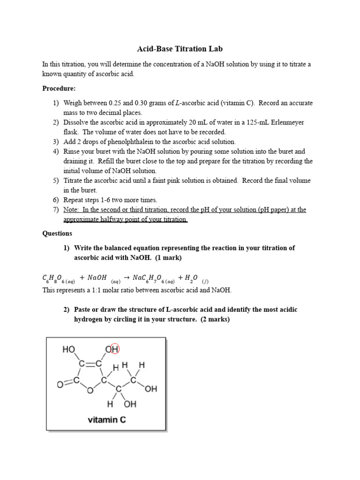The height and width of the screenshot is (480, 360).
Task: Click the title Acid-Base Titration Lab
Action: pos(180,49)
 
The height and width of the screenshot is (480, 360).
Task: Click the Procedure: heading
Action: pos(59,88)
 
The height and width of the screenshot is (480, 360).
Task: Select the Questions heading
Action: pos(57,233)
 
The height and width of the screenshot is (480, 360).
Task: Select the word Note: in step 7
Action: pos(73,210)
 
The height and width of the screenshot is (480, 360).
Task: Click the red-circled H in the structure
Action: pos(115,349)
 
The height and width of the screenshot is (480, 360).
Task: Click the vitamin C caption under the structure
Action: pos(106,420)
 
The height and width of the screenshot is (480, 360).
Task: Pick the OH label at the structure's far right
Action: pos(151,389)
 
